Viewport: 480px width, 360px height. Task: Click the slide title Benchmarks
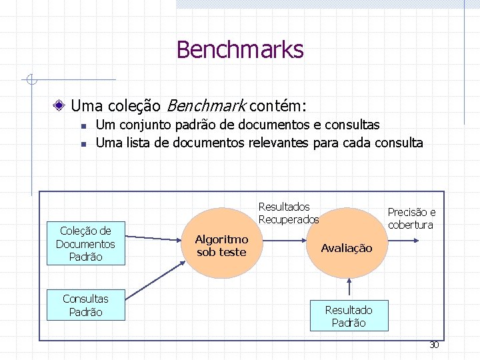coord(240,50)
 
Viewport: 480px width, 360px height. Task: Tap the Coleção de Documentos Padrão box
coord(85,243)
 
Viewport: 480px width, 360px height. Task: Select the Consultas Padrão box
coord(85,305)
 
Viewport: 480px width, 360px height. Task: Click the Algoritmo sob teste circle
coord(221,245)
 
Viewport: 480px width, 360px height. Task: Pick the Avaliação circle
coord(347,248)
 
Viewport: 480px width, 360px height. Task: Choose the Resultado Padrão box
coord(348,316)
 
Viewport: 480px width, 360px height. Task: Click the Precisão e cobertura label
coord(411,219)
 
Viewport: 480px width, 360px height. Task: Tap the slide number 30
coord(433,345)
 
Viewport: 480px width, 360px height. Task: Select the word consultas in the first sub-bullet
coord(355,125)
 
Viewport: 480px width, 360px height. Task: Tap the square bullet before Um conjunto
coord(81,125)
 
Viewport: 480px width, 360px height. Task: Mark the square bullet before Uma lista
coord(81,143)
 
